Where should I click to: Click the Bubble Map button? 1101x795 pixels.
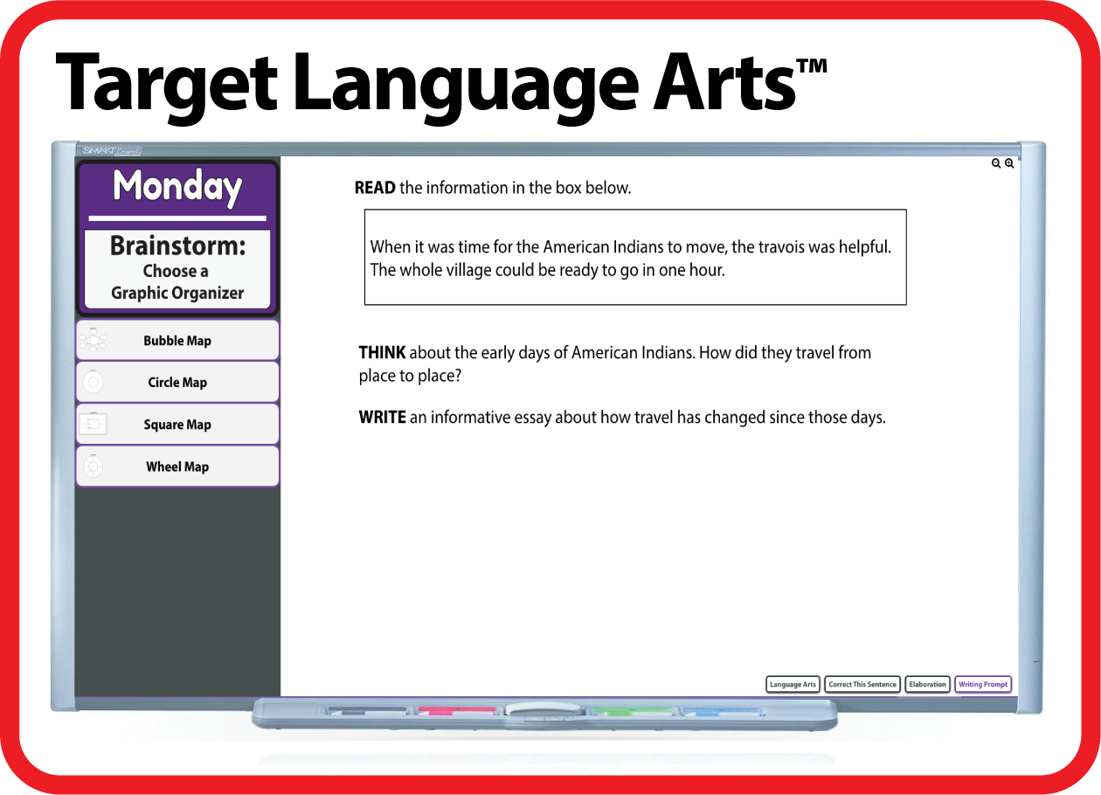point(177,341)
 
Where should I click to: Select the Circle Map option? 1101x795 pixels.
point(177,383)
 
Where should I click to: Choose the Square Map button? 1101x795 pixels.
point(177,425)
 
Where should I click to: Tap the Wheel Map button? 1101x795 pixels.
point(177,467)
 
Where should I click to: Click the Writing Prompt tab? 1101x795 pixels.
point(983,685)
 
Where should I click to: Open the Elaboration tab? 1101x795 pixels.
point(927,685)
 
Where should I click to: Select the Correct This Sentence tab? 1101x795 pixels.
point(862,685)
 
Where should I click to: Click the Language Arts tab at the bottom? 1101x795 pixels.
point(793,685)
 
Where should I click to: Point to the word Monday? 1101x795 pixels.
point(177,187)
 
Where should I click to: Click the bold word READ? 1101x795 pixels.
point(375,188)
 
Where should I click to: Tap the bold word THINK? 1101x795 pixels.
point(382,353)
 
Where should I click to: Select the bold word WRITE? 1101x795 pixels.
point(382,418)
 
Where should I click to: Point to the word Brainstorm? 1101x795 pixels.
point(177,246)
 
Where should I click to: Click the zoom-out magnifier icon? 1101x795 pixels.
point(996,163)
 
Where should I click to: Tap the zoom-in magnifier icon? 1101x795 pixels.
point(1009,163)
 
